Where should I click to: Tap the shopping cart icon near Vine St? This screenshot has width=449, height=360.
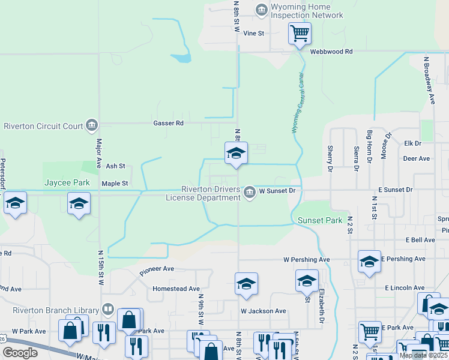(x=299, y=32)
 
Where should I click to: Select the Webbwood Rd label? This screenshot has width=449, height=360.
(x=331, y=52)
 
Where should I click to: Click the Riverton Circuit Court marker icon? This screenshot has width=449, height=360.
(x=92, y=125)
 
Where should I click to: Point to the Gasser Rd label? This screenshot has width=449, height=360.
(x=170, y=123)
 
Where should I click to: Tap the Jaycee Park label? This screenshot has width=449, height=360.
(x=67, y=182)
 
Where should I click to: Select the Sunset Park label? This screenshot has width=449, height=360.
(x=320, y=221)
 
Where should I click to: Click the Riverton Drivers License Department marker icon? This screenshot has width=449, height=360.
(x=249, y=191)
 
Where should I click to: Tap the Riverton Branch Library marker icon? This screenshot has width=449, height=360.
(x=108, y=310)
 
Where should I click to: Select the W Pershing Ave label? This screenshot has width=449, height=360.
(x=306, y=260)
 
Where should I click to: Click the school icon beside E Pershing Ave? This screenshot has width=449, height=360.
(x=369, y=260)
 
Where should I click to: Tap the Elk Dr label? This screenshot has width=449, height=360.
(x=413, y=144)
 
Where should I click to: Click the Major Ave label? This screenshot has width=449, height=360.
(x=98, y=154)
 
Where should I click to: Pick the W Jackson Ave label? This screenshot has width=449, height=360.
(x=263, y=311)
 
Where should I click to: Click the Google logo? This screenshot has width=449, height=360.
(x=20, y=353)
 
